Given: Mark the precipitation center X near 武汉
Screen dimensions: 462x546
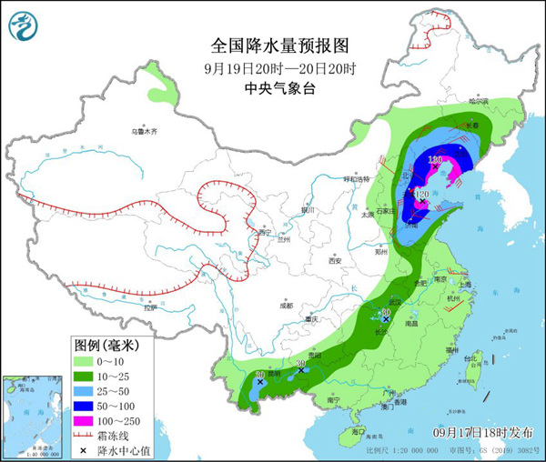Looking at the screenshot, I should pyautogui.click(x=386, y=319).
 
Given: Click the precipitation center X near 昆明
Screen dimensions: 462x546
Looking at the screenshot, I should pyautogui.click(x=261, y=383).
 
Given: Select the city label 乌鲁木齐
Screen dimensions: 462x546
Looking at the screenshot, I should pyautogui.click(x=144, y=132).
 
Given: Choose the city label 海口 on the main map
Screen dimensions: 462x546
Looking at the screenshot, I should pyautogui.click(x=358, y=430).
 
